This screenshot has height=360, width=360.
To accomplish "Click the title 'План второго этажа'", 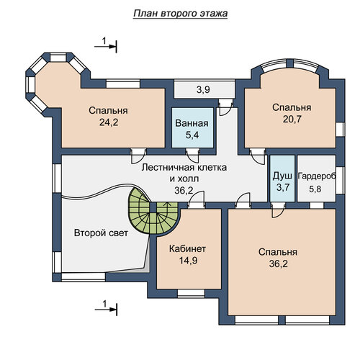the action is [x=180, y=14].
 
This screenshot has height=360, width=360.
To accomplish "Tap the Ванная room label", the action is [x=192, y=123].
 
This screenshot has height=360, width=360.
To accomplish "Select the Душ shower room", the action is [x=282, y=179].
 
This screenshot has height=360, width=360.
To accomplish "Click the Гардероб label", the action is [x=317, y=176].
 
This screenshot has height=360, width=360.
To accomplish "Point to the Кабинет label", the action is [x=187, y=249].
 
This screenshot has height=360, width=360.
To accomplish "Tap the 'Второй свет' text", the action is [x=101, y=233].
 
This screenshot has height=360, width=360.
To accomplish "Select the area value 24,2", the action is [x=109, y=122].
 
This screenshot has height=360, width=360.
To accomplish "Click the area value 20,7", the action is [x=292, y=120].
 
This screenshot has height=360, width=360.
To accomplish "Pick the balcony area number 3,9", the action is [x=203, y=90].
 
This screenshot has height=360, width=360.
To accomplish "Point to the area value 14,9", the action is [x=188, y=261].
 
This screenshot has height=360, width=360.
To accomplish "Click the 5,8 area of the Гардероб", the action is [x=315, y=189].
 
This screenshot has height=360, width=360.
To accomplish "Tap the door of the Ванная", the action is [x=192, y=156].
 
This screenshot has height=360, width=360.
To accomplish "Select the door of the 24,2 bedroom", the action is [x=138, y=156].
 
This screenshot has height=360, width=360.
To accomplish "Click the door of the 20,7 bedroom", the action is [x=258, y=156].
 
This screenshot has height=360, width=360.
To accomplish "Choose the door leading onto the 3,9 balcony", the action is [x=225, y=107].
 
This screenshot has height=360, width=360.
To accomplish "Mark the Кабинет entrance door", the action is [x=197, y=199].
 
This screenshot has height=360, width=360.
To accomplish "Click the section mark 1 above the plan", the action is [x=106, y=45].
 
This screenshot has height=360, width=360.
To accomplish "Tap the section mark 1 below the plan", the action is [x=106, y=308].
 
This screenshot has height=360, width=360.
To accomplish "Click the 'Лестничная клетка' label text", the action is [x=184, y=167].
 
